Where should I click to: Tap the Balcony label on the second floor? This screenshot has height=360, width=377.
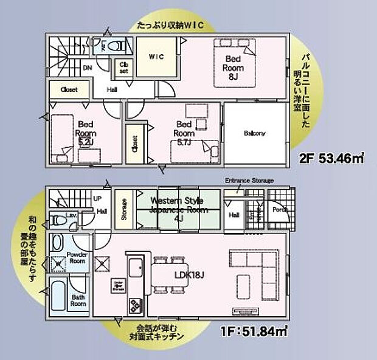(x=255, y=133)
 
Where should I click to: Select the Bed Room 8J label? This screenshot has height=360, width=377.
(x=234, y=64)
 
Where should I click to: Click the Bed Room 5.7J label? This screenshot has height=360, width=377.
(x=184, y=133)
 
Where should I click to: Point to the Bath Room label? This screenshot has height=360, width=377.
(x=78, y=300)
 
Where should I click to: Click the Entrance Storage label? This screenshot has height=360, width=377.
(x=249, y=181)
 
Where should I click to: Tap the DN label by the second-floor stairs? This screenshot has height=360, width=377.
(x=87, y=67)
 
